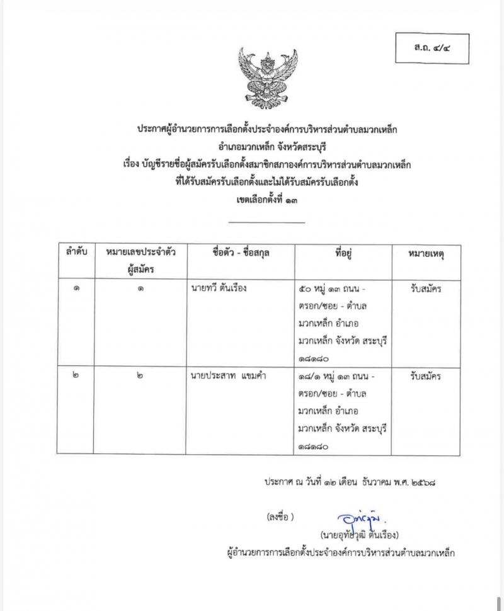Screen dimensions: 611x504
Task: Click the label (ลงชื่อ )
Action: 281,517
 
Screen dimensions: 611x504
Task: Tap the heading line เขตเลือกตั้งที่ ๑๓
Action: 266,200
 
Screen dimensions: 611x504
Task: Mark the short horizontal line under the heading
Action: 266,222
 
